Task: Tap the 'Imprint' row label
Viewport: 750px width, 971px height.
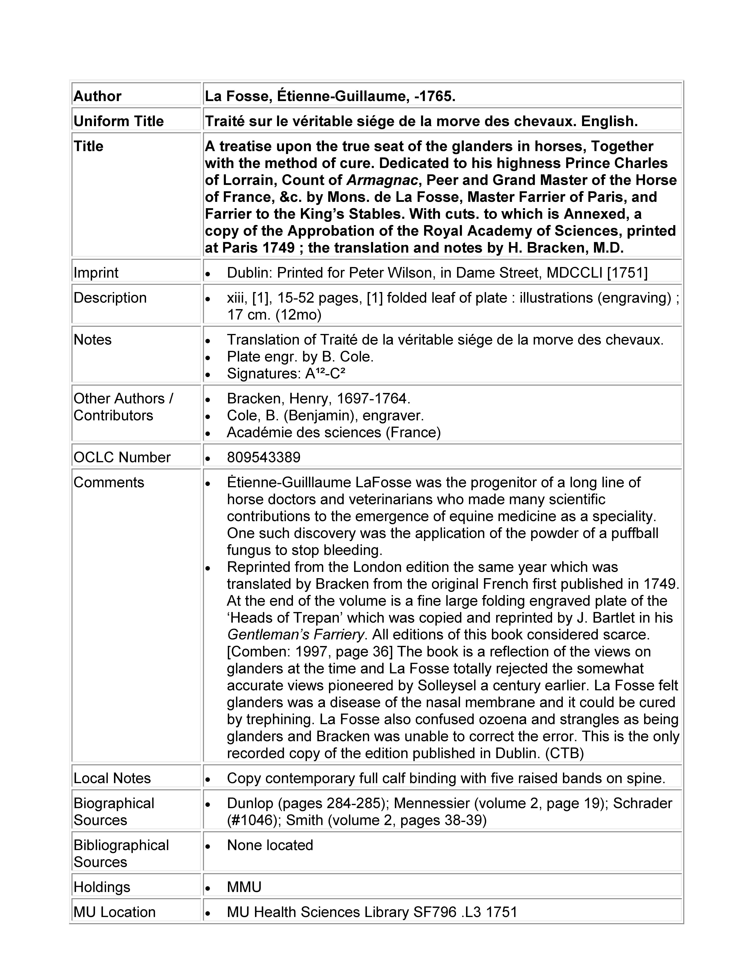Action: click(96, 272)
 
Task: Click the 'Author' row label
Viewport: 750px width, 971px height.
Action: click(97, 96)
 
